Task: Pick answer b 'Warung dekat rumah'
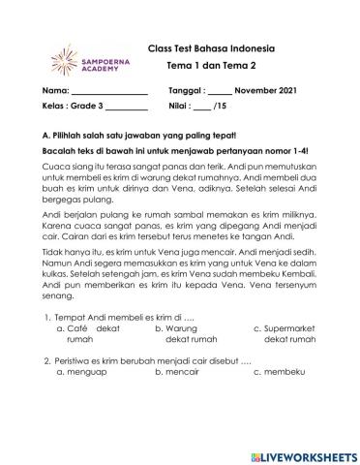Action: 185,334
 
